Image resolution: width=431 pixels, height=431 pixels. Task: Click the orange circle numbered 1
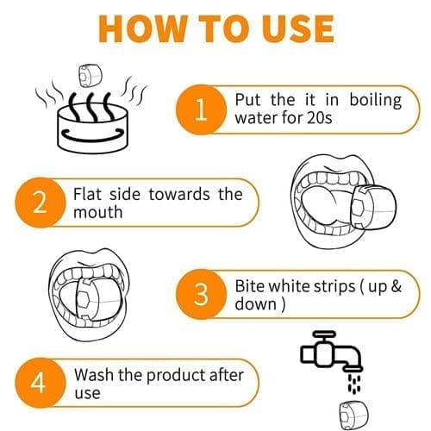click(x=201, y=109)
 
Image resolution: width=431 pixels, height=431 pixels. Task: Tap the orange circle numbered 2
click(x=40, y=203)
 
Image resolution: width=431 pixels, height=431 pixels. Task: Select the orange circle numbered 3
click(x=201, y=294)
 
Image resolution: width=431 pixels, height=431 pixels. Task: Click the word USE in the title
click(x=298, y=29)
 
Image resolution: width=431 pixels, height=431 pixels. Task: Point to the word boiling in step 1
click(x=376, y=101)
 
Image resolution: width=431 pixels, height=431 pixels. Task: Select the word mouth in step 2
click(x=97, y=212)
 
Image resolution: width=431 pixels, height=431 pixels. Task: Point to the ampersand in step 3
click(x=396, y=286)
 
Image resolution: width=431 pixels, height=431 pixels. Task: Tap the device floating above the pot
click(x=91, y=75)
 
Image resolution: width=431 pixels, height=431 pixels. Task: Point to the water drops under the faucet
click(x=354, y=384)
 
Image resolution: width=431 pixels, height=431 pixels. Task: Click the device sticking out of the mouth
click(x=374, y=208)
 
